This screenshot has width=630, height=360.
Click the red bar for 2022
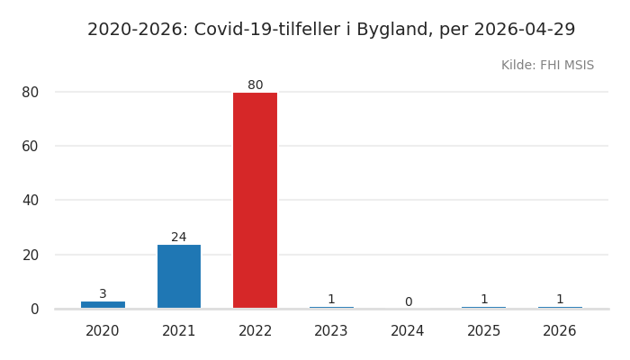255,200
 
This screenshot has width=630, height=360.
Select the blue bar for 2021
179,276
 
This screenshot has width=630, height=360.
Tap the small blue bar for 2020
103,304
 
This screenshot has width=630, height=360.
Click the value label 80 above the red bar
256,85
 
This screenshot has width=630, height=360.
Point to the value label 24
179,238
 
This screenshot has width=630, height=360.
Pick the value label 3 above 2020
103,294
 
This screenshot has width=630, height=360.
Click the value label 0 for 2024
408,302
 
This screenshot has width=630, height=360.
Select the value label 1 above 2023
331,300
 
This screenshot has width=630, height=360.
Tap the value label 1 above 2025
483,300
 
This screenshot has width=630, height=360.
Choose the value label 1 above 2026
560,300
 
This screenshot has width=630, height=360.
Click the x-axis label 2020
103,331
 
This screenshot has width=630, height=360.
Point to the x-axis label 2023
331,331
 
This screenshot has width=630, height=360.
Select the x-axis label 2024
408,331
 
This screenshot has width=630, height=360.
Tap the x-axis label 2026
560,331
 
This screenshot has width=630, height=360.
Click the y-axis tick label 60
30,146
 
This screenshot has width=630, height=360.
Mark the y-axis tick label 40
30,200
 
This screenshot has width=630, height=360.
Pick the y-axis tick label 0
34,309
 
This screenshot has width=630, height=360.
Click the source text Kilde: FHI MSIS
547,66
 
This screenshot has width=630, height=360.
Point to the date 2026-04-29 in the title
525,30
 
